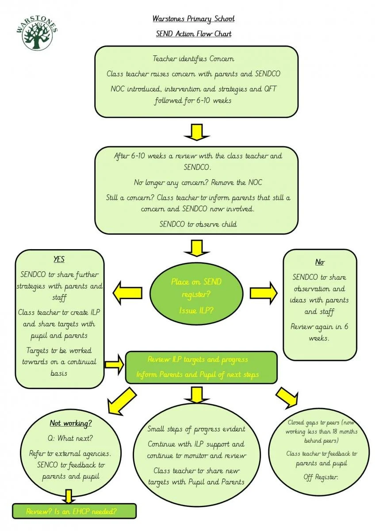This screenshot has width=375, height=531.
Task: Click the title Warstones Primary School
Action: point(193,19)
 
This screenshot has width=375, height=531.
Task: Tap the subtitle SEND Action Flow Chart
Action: point(193,34)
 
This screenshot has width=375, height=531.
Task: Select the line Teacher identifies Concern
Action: point(193,58)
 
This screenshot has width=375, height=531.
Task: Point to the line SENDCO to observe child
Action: point(198,224)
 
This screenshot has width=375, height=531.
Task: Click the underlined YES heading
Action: point(59,260)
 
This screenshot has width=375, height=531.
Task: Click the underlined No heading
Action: point(320,262)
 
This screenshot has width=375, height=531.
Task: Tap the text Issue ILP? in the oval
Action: point(196,310)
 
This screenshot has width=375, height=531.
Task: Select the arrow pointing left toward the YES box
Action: point(128,292)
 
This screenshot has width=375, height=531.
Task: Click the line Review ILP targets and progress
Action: point(198,359)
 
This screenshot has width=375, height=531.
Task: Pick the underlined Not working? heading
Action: point(71,423)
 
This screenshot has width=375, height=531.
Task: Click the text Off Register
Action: point(321,477)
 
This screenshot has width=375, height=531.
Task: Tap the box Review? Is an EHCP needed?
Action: point(73,512)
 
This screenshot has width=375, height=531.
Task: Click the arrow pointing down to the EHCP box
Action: point(68,496)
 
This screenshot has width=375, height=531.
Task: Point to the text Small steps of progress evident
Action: point(196,429)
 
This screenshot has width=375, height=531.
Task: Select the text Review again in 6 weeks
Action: point(319,332)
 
